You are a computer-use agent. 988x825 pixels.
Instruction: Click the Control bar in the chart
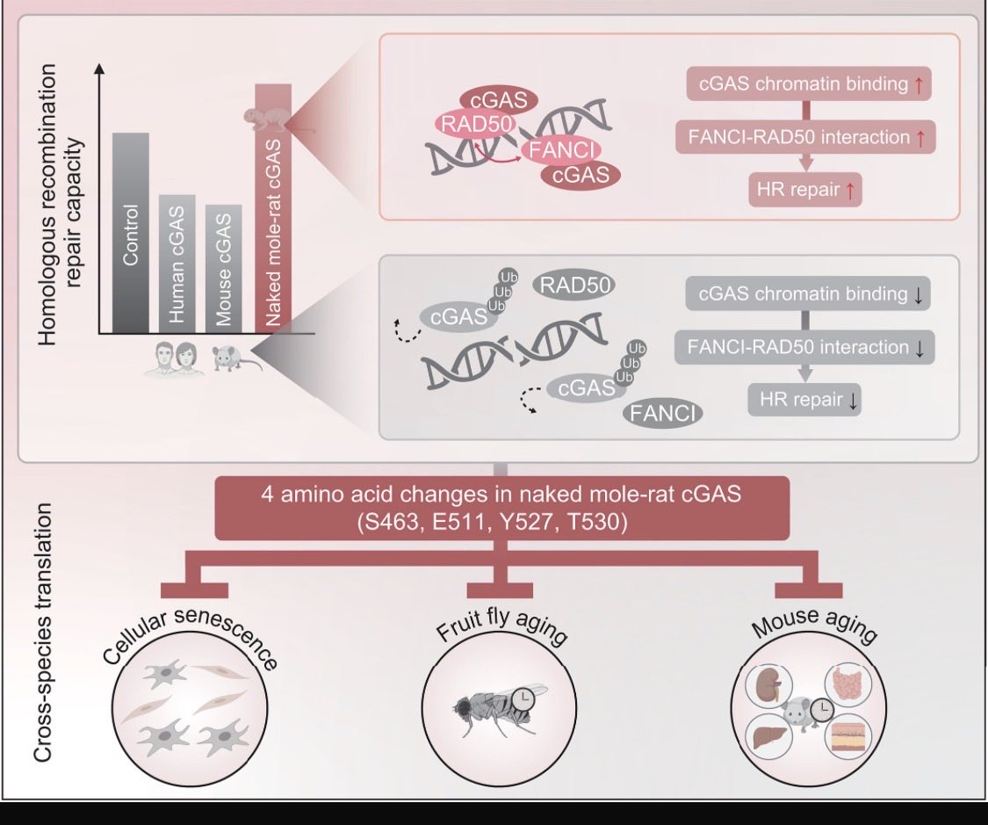coord(130,233)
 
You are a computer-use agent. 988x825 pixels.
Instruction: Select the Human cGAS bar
coord(177,264)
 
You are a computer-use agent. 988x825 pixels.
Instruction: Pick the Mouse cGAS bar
coord(223,269)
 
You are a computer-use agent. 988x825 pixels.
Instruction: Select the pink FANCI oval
coord(561,150)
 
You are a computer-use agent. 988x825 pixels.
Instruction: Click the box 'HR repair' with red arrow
coord(805,189)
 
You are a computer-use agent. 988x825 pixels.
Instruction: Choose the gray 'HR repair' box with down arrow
coord(805,400)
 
